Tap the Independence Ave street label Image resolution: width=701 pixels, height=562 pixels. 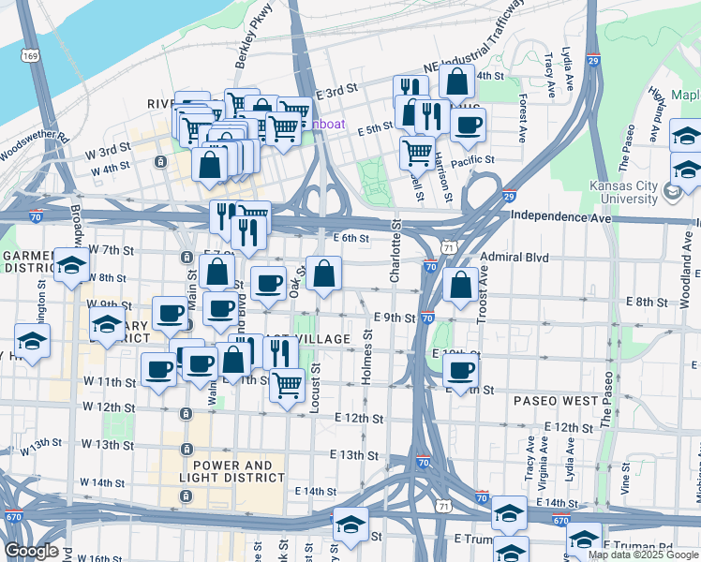[x=559, y=216]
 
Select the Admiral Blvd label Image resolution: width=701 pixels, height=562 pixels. [x=513, y=257]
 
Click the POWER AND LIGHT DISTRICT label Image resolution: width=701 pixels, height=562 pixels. [x=233, y=471]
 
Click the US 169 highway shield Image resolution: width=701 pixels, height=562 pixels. [x=33, y=56]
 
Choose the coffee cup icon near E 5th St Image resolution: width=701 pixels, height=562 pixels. [x=468, y=125]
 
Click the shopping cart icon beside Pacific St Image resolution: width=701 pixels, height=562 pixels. [x=417, y=151]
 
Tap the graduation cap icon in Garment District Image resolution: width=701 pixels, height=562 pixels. [x=71, y=266]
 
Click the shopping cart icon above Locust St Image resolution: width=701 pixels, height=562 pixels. [x=288, y=383]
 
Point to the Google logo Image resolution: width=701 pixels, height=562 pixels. [x=31, y=552]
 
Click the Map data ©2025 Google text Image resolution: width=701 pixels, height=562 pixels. [x=643, y=555]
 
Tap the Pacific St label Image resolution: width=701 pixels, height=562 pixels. [x=472, y=161]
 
